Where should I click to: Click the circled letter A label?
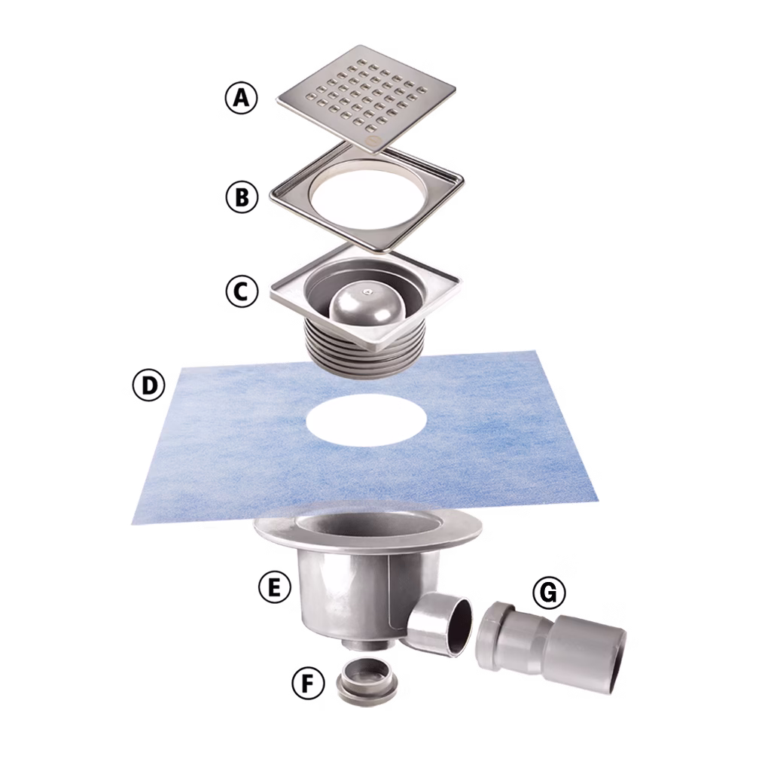pyautogui.click(x=241, y=99)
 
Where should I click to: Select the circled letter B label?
pyautogui.click(x=241, y=197)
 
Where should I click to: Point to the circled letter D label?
pyautogui.click(x=148, y=385)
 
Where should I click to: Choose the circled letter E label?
pyautogui.click(x=274, y=587)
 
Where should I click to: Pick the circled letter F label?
pyautogui.click(x=308, y=684)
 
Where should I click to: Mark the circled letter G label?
pyautogui.click(x=549, y=593)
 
